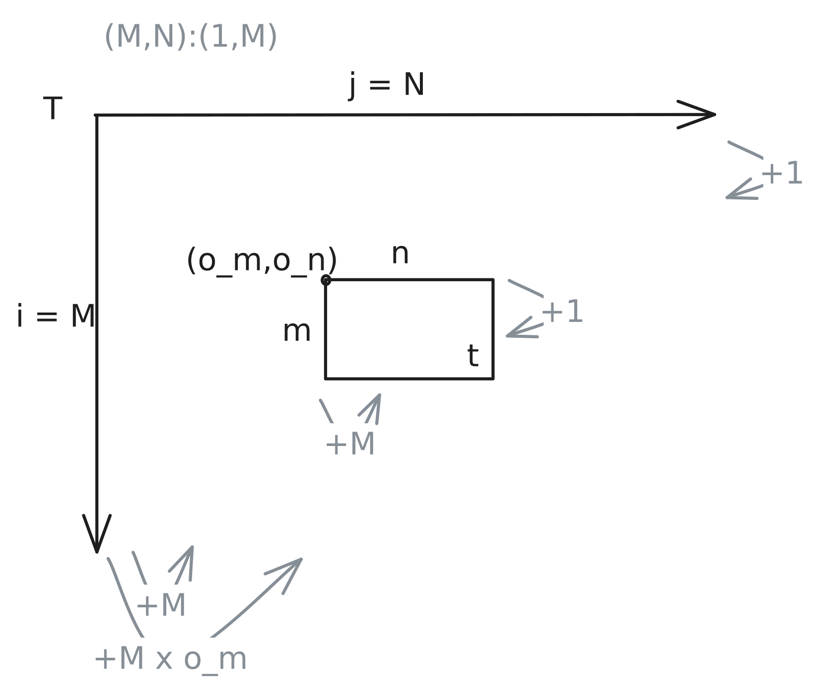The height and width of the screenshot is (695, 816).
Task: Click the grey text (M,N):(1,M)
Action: (191, 36)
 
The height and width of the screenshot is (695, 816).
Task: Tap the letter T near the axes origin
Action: (53, 108)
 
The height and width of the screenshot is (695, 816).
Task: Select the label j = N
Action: (387, 85)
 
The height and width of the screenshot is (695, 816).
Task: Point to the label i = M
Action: (56, 316)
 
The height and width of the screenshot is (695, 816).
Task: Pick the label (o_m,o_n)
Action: (262, 260)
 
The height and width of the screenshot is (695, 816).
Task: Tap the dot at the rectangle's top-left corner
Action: (326, 280)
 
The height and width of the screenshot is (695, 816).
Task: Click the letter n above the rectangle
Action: (400, 254)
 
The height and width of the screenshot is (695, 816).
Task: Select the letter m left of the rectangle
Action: (297, 331)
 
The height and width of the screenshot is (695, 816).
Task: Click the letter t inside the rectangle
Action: (473, 356)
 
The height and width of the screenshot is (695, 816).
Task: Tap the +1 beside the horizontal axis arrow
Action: (782, 174)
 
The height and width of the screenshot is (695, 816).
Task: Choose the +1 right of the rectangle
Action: (562, 312)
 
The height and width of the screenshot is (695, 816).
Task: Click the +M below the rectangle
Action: (350, 443)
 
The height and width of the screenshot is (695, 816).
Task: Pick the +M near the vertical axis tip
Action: (161, 605)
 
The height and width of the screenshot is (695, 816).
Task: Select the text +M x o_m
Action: (170, 659)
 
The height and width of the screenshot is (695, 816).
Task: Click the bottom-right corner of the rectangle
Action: (493, 379)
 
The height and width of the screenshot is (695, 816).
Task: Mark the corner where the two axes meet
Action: (96, 115)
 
